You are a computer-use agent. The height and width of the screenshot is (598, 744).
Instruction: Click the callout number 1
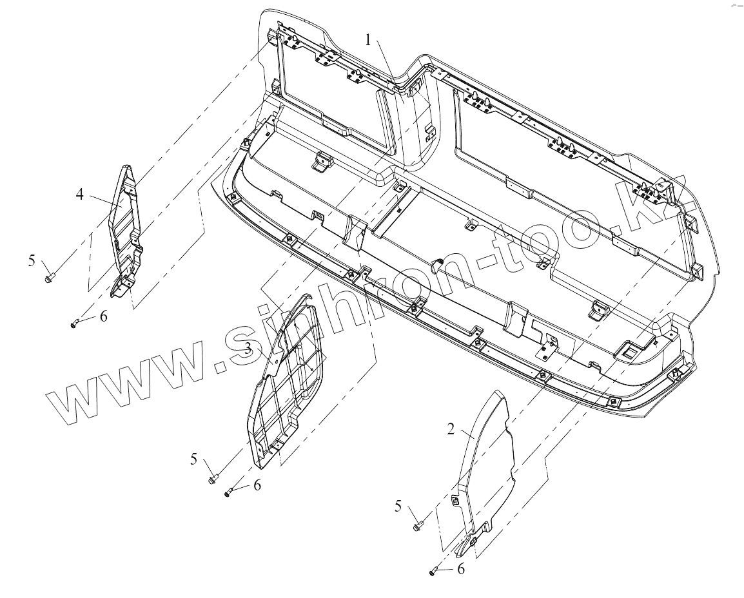(x=368, y=40)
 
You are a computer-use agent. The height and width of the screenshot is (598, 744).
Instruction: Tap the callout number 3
(x=248, y=349)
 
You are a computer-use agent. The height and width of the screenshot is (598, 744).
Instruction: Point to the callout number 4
(x=79, y=193)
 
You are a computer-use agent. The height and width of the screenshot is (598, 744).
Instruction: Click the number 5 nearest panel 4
(x=32, y=260)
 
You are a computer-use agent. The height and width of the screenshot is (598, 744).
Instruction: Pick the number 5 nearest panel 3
(x=193, y=459)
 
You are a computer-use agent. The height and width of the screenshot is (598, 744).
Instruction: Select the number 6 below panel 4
(x=103, y=316)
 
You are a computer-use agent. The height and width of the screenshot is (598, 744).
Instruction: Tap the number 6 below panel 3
(x=257, y=485)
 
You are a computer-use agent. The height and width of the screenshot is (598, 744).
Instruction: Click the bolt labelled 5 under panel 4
(x=51, y=278)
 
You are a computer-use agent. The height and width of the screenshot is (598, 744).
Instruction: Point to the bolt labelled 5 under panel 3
(x=213, y=479)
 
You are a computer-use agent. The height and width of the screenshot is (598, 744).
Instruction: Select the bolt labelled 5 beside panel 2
(x=418, y=526)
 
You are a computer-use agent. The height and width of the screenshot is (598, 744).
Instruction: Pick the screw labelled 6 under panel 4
(x=75, y=322)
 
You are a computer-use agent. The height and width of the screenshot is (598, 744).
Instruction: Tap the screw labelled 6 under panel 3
(x=229, y=493)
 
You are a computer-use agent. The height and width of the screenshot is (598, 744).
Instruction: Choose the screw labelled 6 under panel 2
(x=433, y=571)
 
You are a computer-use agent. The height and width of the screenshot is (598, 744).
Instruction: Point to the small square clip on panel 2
(x=456, y=499)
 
